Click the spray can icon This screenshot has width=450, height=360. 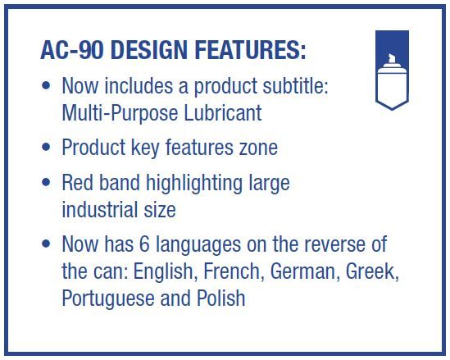coord(392,70)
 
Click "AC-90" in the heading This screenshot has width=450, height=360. coord(72,50)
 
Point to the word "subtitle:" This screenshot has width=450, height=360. coord(295,85)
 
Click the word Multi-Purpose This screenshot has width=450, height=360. coord(120,113)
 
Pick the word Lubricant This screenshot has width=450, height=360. coord(222,112)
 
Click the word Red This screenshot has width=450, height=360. coord(78,182)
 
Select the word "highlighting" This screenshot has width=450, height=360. coord(194,184)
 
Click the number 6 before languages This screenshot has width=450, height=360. coord(144,244)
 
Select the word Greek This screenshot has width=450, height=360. coord(372,271)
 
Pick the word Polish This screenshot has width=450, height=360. coord(221,298)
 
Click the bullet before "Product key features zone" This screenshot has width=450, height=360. coord(46,147)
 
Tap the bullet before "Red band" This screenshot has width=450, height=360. coord(46,182)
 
